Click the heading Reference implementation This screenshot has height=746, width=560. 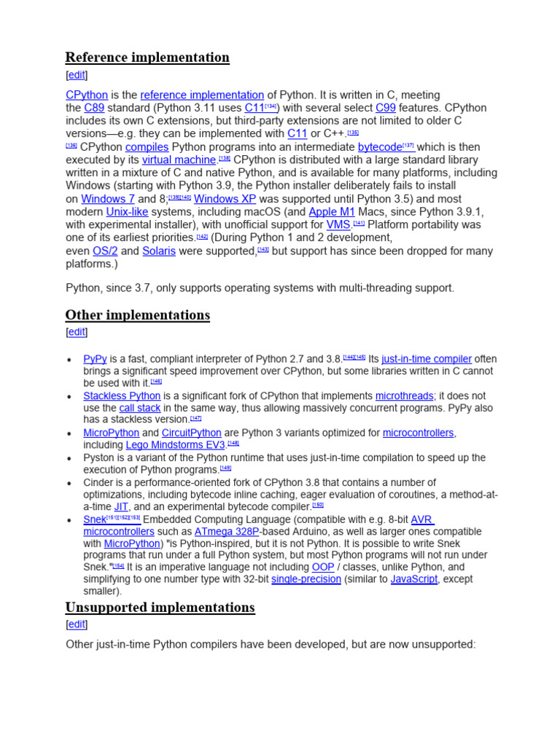147,58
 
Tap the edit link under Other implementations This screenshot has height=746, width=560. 77,332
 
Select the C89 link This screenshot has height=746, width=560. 94,108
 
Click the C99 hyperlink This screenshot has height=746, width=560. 385,108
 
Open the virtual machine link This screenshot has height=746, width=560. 179,160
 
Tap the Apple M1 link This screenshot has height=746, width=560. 332,212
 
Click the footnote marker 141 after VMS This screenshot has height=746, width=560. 359,224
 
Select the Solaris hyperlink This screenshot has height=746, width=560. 159,251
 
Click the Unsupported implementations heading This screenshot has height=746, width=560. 160,608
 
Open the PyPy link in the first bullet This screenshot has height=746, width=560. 95,359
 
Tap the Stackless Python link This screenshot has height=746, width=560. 122,396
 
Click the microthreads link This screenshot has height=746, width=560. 404,396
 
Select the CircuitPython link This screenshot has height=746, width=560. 192,433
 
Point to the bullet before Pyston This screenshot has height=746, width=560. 69,459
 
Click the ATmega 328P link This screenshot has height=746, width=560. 227,532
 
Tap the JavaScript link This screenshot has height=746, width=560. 414,579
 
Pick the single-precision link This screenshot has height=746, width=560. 306,579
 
